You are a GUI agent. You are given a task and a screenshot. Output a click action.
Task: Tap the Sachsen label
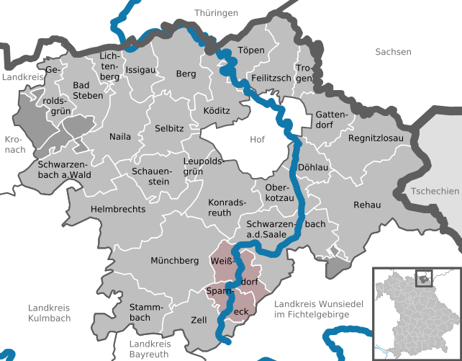[393, 52]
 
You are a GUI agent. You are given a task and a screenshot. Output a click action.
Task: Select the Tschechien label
[434, 191]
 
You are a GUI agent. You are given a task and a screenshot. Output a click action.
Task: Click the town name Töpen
[252, 50]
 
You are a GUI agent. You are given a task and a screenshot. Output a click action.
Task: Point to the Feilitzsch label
[270, 77]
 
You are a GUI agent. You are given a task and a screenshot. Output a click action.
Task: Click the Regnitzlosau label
[376, 138]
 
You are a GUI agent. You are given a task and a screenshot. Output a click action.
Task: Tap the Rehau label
[366, 205]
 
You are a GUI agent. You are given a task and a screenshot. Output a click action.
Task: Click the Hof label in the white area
[257, 139]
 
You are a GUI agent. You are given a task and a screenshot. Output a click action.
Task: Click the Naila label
[120, 136]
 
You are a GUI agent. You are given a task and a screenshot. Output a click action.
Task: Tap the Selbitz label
[169, 128]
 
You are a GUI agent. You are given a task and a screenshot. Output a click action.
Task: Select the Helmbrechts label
[118, 209]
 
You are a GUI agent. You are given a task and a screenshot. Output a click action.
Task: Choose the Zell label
[199, 319]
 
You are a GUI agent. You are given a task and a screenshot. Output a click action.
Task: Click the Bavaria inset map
[416, 313]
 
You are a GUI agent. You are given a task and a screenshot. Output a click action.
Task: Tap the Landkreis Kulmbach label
[50, 313]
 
